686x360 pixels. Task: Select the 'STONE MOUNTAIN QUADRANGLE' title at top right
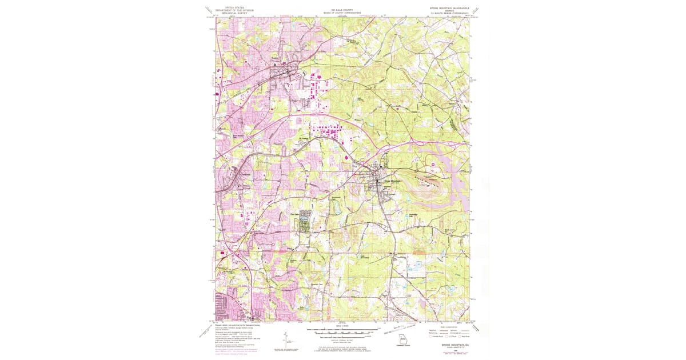click(x=449, y=8)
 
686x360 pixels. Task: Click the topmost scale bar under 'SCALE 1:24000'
click(x=342, y=330)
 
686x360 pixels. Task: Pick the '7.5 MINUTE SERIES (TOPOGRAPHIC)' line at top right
click(x=449, y=14)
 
